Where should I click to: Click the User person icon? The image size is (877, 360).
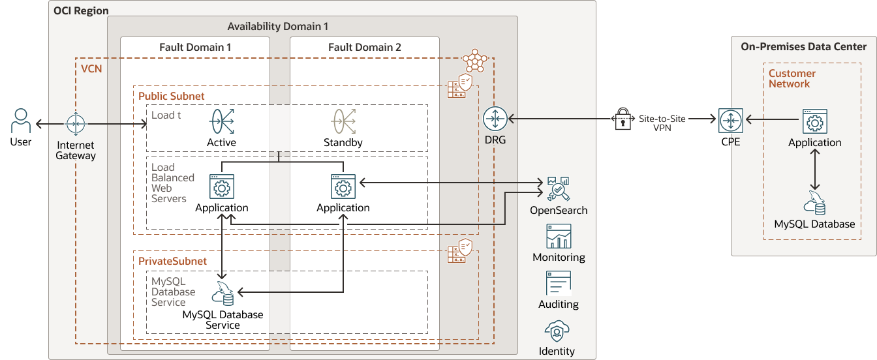click(x=21, y=122)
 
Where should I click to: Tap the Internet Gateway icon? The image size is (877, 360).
click(x=75, y=123)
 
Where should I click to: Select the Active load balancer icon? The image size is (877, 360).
click(x=221, y=122)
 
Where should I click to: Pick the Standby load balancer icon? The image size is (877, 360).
click(x=343, y=122)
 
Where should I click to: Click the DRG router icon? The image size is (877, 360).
click(x=495, y=119)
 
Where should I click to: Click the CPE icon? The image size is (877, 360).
click(x=731, y=119)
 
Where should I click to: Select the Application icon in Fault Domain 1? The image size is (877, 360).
click(x=222, y=187)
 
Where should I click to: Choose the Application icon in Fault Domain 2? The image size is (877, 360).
click(x=343, y=187)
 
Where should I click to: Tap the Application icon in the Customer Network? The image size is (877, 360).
click(x=814, y=121)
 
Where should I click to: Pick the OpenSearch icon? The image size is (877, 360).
click(x=558, y=189)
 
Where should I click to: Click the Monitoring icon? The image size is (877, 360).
click(x=559, y=236)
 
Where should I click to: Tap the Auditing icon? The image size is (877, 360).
click(x=559, y=284)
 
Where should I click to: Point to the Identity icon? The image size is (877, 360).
click(x=557, y=331)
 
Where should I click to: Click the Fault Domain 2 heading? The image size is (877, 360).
click(x=364, y=47)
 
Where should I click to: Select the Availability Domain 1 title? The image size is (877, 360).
click(x=277, y=26)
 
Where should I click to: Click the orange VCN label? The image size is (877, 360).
click(x=91, y=68)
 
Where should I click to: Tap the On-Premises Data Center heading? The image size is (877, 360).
click(x=803, y=46)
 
